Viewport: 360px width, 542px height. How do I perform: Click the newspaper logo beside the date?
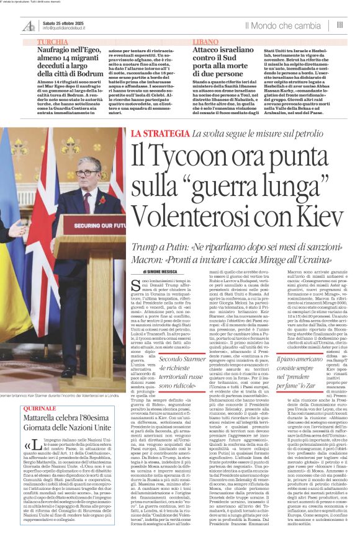pos(28,25)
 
